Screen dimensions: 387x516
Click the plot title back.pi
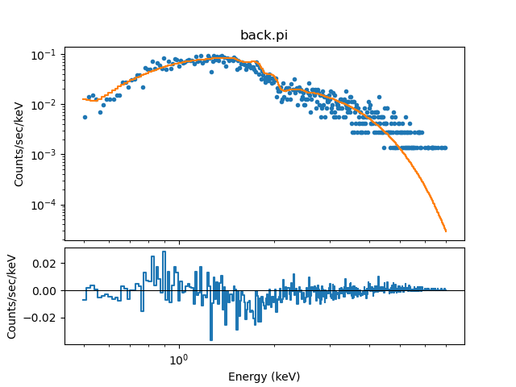[x=264, y=35]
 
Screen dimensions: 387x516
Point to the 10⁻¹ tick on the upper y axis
[x=64, y=55]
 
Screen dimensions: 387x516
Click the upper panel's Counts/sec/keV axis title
[x=19, y=144]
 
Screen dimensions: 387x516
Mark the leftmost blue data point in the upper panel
[x=85, y=117]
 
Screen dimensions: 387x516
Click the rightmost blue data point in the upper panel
[x=445, y=148]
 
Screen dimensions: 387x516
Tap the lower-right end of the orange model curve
[x=445, y=231]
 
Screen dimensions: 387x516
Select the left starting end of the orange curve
[x=83, y=99]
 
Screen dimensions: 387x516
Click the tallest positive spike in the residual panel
[x=164, y=252]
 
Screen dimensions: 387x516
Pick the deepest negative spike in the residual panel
[x=211, y=339]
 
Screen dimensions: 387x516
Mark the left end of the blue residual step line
[x=83, y=300]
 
